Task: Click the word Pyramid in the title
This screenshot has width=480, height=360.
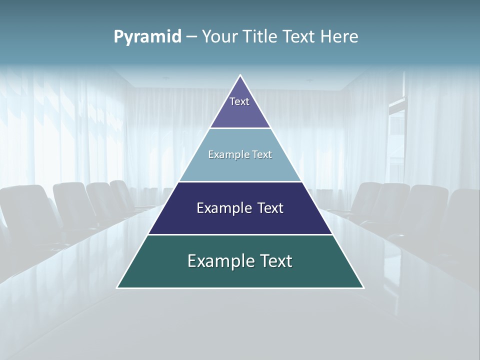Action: click(147, 37)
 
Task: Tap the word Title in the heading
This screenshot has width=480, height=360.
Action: click(260, 37)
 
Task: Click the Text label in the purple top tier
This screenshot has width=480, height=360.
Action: click(239, 101)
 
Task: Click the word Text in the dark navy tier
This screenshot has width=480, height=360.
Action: click(270, 208)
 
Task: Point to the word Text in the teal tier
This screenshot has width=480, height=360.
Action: click(275, 261)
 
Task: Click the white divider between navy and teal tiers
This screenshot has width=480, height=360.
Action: click(240, 234)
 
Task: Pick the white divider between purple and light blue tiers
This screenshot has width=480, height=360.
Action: click(240, 128)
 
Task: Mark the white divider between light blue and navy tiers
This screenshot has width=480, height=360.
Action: click(240, 181)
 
